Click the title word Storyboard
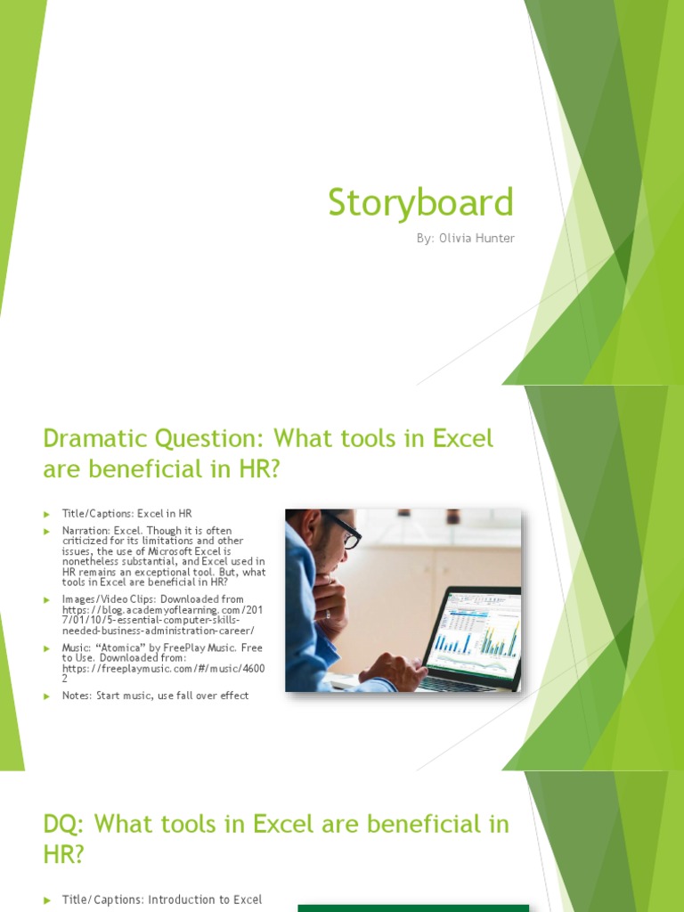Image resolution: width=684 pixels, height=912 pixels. pyautogui.click(x=420, y=202)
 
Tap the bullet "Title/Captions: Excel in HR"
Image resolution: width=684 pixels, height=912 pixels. pyautogui.click(x=126, y=513)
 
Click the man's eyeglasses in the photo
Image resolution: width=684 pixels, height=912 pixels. pyautogui.click(x=344, y=532)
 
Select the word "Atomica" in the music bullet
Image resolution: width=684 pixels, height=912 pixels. pyautogui.click(x=116, y=647)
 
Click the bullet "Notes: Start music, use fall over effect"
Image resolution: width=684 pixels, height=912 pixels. pyautogui.click(x=155, y=695)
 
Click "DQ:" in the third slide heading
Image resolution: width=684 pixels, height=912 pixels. pyautogui.click(x=64, y=824)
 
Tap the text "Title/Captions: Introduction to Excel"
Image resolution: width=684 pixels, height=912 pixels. pyautogui.click(x=161, y=900)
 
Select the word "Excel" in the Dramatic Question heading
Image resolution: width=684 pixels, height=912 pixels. pyautogui.click(x=462, y=438)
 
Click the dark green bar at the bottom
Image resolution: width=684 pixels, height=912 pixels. pyautogui.click(x=413, y=908)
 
